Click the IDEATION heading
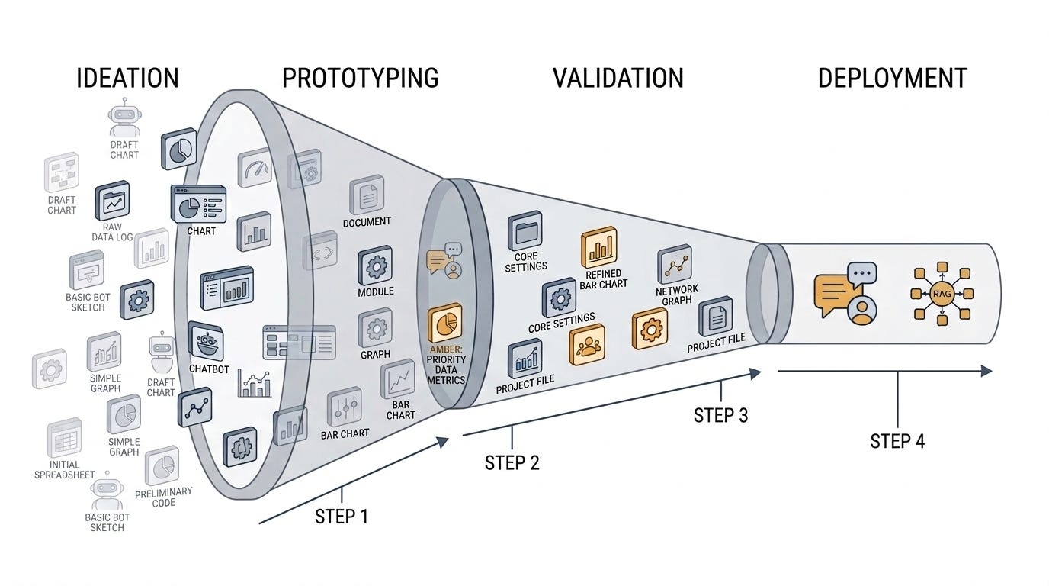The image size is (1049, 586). (x=127, y=79)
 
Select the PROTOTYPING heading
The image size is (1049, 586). (x=360, y=79)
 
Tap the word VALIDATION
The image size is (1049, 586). (x=618, y=79)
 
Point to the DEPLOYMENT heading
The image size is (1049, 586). (x=892, y=79)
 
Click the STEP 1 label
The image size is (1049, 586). (x=342, y=517)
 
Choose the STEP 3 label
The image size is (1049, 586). (x=720, y=415)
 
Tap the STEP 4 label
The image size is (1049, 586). (x=897, y=441)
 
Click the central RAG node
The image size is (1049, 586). (x=942, y=294)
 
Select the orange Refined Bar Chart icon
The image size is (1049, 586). (x=599, y=247)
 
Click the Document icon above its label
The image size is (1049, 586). (x=367, y=195)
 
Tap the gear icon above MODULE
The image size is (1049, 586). (x=375, y=266)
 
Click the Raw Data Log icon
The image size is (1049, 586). (x=112, y=201)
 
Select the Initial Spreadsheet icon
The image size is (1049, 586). (x=65, y=438)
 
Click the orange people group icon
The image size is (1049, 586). (x=587, y=345)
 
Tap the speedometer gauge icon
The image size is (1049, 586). (x=255, y=168)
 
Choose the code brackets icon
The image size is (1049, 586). (x=320, y=250)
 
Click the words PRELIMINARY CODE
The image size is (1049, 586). (x=163, y=497)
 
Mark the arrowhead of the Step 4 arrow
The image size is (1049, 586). (x=986, y=371)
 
